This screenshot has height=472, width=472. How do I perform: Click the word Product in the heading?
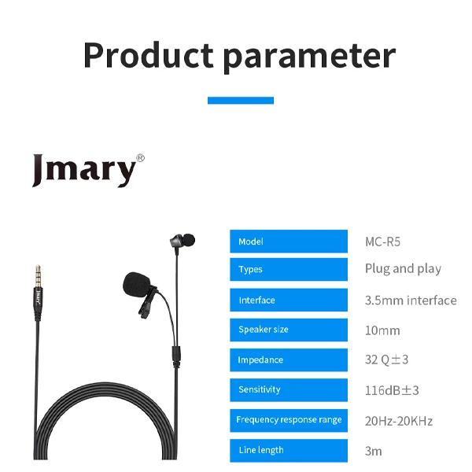pos(149,55)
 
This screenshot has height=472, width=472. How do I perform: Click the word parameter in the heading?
pos(309,57)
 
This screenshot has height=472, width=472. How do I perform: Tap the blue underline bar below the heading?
pos(241,100)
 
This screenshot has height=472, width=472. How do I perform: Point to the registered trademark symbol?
pos(141,158)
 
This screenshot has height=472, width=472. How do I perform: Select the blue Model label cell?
pos(289,242)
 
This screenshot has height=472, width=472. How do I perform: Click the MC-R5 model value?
pos(382,242)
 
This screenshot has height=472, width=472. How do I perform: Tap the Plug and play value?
pos(403,269)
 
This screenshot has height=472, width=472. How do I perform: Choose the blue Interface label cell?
pos(289,301)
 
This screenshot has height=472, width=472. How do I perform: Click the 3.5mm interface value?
pos(411,301)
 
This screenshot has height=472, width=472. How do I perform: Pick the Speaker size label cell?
pos(289,330)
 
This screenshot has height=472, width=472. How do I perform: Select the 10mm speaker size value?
pos(382,330)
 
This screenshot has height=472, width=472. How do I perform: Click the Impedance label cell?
pos(289,360)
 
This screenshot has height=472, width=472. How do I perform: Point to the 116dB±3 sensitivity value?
pos(392,390)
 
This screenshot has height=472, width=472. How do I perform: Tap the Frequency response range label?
pos(289,419)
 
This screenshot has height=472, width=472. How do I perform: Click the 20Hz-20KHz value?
pos(399,421)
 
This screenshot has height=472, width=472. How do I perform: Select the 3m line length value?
pos(373,452)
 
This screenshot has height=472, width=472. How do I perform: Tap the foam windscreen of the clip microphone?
pos(136,285)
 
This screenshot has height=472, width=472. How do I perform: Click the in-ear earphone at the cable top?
pos(183,241)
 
